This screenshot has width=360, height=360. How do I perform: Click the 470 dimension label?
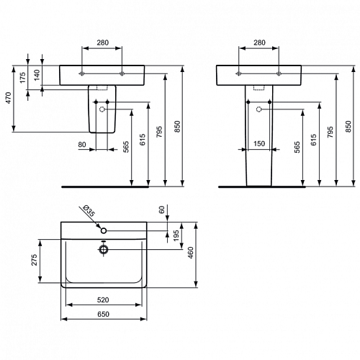click(x=9, y=98)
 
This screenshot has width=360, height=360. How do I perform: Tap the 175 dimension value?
click(x=22, y=78)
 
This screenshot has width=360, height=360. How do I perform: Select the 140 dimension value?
click(x=37, y=75)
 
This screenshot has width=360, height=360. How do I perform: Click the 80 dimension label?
click(x=82, y=145)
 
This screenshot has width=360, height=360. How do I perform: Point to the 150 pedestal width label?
click(x=259, y=143)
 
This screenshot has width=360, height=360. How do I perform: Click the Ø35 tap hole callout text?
click(x=89, y=211)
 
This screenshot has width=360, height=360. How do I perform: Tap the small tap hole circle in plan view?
click(x=104, y=230)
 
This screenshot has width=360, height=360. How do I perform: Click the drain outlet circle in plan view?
click(x=104, y=250)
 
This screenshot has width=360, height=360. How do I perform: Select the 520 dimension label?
click(x=103, y=300)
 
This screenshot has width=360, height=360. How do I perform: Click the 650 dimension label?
click(x=103, y=314)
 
